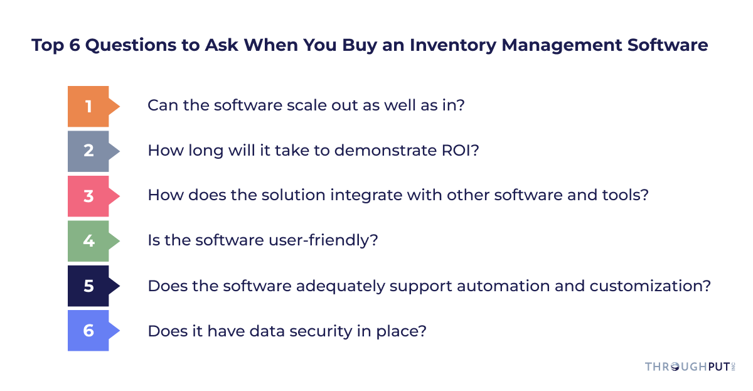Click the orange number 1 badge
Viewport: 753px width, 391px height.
click(88, 107)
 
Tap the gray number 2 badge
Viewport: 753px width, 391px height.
click(88, 151)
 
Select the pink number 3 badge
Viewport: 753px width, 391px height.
click(88, 196)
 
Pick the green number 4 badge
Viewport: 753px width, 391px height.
click(88, 240)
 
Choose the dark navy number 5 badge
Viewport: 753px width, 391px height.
click(88, 286)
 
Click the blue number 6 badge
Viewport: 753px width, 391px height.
click(88, 330)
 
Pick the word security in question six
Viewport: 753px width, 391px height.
click(328, 331)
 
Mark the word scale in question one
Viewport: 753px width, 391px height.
click(294, 105)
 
